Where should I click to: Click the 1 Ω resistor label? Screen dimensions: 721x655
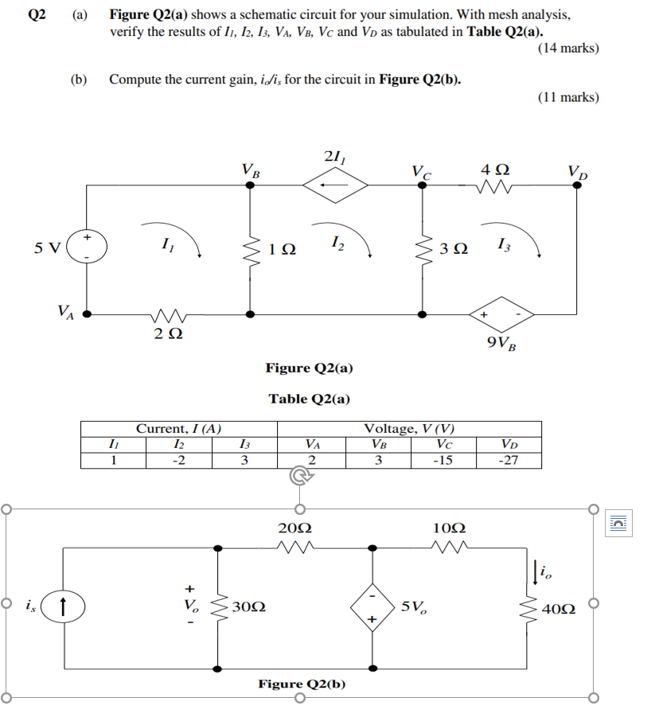pyautogui.click(x=283, y=249)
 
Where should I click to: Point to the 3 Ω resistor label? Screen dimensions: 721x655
pyautogui.click(x=454, y=249)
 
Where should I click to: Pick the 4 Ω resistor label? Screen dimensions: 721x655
pyautogui.click(x=496, y=170)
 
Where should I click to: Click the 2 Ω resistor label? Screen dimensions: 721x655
pyautogui.click(x=167, y=335)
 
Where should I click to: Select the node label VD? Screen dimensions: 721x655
pyautogui.click(x=578, y=171)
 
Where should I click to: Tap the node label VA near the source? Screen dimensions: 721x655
pyautogui.click(x=67, y=310)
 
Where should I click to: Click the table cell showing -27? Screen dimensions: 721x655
pyautogui.click(x=506, y=460)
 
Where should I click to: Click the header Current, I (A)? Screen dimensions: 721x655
pyautogui.click(x=179, y=428)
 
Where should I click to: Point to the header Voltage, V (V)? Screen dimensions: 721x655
pyautogui.click(x=411, y=428)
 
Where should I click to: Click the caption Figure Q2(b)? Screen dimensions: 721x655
pyautogui.click(x=302, y=683)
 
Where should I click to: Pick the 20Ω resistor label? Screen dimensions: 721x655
pyautogui.click(x=295, y=528)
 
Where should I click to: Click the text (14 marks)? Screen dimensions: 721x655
pyautogui.click(x=568, y=49)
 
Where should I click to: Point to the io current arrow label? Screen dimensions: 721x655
pyautogui.click(x=546, y=570)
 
